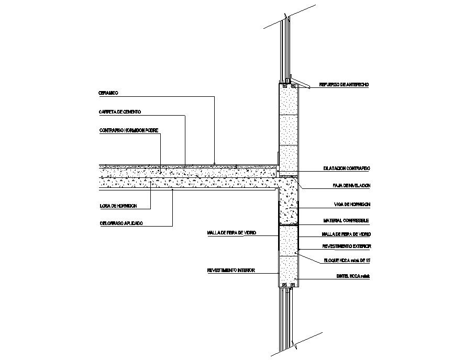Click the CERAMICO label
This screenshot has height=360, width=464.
pyautogui.click(x=108, y=93)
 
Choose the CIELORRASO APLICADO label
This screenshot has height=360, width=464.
pyautogui.click(x=121, y=223)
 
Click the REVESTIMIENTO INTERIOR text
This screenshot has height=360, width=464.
pyautogui.click(x=231, y=271)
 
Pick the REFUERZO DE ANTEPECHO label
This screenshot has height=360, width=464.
pyautogui.click(x=345, y=84)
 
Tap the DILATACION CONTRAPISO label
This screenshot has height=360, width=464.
pyautogui.click(x=346, y=169)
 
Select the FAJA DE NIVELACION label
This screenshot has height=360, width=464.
pyautogui.click(x=351, y=186)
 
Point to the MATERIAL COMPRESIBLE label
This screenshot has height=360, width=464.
pyautogui.click(x=346, y=221)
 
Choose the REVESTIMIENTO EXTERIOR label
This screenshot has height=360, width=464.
pyautogui.click(x=346, y=245)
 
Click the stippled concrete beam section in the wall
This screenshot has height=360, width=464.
pyautogui.click(x=289, y=201)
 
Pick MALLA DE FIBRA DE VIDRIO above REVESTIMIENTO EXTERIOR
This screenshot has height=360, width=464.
pyautogui.click(x=346, y=234)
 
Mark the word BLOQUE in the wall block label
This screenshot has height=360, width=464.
pyautogui.click(x=330, y=261)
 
